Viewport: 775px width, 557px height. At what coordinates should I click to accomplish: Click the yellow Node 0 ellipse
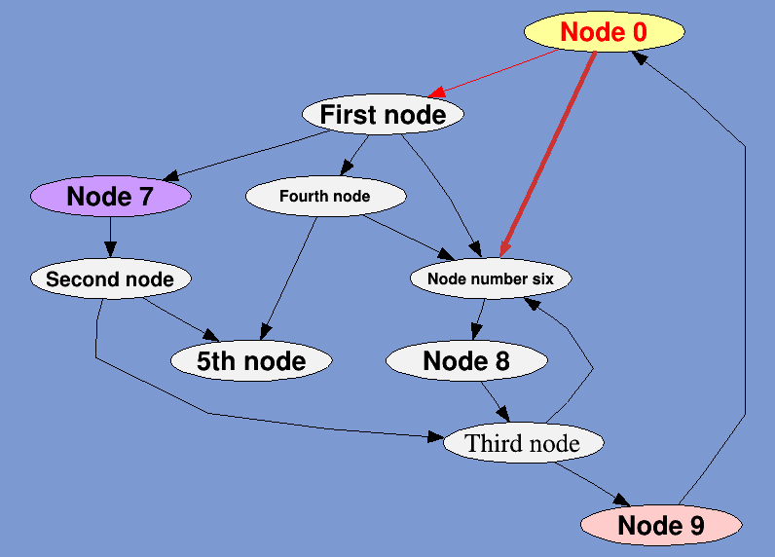point(604,32)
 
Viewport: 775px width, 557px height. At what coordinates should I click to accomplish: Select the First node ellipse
point(383,115)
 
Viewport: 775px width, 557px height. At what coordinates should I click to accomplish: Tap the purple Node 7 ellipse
point(110,197)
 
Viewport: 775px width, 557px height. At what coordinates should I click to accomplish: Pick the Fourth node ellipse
point(324,197)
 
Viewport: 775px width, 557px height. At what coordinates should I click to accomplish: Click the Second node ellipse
point(110,279)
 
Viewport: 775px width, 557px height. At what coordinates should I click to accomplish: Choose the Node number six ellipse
point(490,279)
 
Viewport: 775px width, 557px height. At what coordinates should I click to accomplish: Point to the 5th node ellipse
point(251,361)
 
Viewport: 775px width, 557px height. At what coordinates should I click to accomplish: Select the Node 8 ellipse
point(465,361)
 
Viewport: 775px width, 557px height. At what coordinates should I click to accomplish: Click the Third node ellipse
point(522,444)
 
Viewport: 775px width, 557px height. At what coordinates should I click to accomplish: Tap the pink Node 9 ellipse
point(661,526)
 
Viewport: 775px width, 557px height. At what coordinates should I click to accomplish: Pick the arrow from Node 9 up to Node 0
point(745,292)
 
